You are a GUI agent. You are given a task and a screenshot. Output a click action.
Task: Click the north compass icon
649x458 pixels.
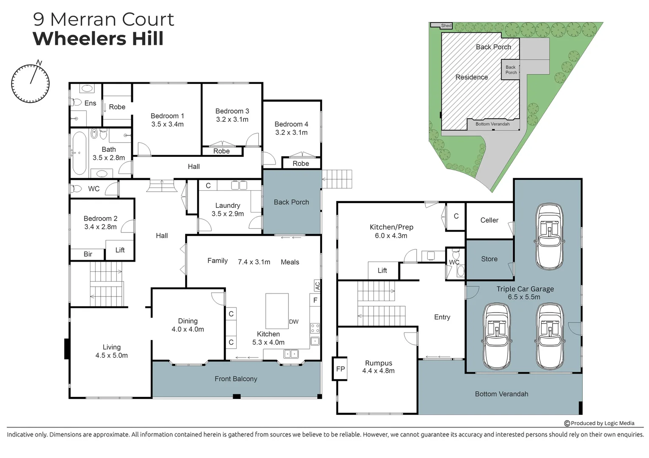pyautogui.click(x=30, y=83)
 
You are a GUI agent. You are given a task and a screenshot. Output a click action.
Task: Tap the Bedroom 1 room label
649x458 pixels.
pyautogui.click(x=167, y=116)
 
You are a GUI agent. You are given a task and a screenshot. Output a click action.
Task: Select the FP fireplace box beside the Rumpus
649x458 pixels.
pyautogui.click(x=340, y=369)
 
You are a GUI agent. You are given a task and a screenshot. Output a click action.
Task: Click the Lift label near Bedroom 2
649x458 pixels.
pyautogui.click(x=120, y=250)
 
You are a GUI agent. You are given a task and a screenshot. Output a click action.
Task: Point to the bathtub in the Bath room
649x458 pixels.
pyautogui.click(x=79, y=153)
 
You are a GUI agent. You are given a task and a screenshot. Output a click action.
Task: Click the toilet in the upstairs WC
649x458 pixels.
pyautogui.click(x=76, y=189)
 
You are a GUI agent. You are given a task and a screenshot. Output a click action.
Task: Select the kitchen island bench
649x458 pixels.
pyautogui.click(x=277, y=311)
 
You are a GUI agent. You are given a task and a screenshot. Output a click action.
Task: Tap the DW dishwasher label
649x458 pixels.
pyautogui.click(x=294, y=321)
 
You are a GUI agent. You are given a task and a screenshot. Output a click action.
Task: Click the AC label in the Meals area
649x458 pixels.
pyautogui.click(x=317, y=286)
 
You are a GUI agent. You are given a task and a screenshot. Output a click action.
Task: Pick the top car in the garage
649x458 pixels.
pyautogui.click(x=550, y=237)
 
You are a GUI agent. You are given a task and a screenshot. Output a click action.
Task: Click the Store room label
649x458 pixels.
pyautogui.click(x=489, y=259)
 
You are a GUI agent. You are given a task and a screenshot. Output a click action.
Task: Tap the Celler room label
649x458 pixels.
pyautogui.click(x=489, y=220)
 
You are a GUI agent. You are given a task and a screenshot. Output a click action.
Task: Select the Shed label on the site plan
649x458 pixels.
pyautogui.click(x=446, y=26)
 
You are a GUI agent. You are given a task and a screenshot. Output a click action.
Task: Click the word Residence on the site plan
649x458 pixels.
pyautogui.click(x=471, y=77)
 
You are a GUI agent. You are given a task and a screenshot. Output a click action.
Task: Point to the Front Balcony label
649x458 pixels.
pyautogui.click(x=236, y=379)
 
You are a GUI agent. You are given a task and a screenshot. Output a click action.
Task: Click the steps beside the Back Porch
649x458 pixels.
pyautogui.click(x=337, y=179)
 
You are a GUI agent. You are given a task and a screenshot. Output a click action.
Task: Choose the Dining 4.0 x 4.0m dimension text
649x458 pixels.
pyautogui.click(x=188, y=330)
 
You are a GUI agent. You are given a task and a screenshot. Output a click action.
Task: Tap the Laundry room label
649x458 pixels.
pyautogui.click(x=228, y=205)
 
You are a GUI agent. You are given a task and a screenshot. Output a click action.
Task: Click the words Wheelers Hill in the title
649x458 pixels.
pyautogui.click(x=98, y=39)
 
